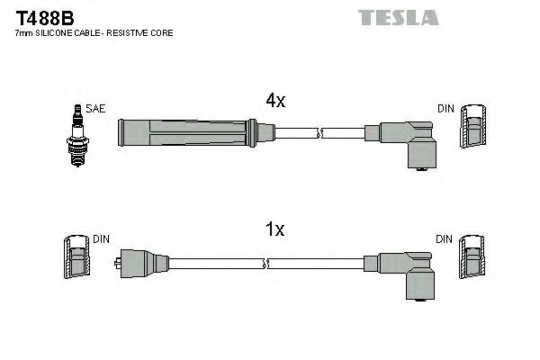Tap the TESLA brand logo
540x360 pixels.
click(x=398, y=17)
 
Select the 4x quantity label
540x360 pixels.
click(x=275, y=102)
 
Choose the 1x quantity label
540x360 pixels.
click(x=275, y=230)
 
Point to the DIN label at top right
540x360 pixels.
click(x=445, y=109)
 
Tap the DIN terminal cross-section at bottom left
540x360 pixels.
click(x=76, y=259)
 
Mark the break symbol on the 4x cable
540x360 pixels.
click(x=319, y=134)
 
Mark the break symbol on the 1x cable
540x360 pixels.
click(x=266, y=264)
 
